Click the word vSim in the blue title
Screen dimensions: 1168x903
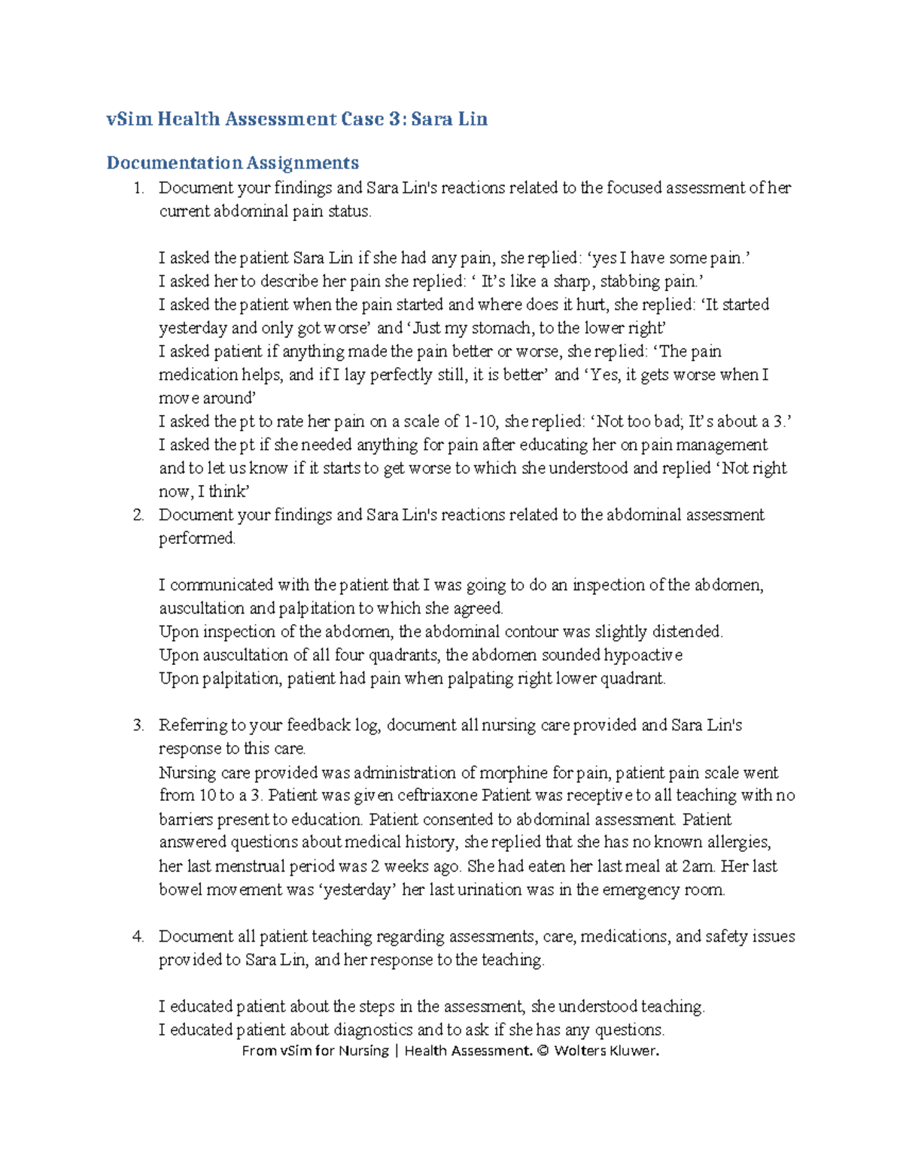click(x=129, y=119)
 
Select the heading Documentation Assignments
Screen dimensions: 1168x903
click(x=233, y=162)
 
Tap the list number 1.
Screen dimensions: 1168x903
click(x=138, y=188)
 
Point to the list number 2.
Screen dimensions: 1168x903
click(x=138, y=515)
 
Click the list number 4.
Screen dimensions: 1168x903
click(x=138, y=937)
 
